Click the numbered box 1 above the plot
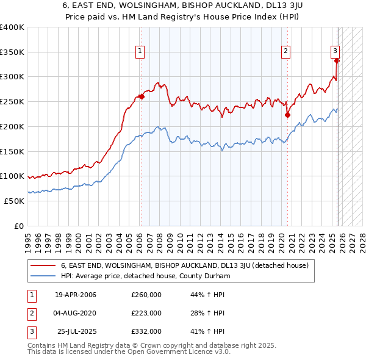point(140,51)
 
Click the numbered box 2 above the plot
point(285,51)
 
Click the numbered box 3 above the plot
point(335,51)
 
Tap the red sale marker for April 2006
point(142,96)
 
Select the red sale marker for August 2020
point(287,115)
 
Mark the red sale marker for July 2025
point(337,60)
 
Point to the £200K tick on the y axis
point(12,126)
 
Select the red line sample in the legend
point(43,265)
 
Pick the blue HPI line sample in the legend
point(43,276)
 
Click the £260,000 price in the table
point(146,295)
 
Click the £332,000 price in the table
point(146,331)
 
